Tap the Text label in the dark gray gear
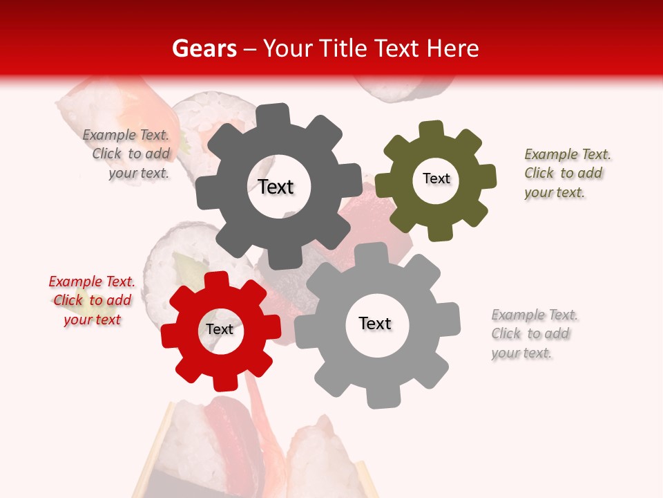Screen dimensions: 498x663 click(276, 187)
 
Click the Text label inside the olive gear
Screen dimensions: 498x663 click(436, 178)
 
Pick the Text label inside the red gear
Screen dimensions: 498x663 click(220, 329)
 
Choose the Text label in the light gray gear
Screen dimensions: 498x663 click(375, 323)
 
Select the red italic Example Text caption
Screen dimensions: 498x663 click(92, 300)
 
